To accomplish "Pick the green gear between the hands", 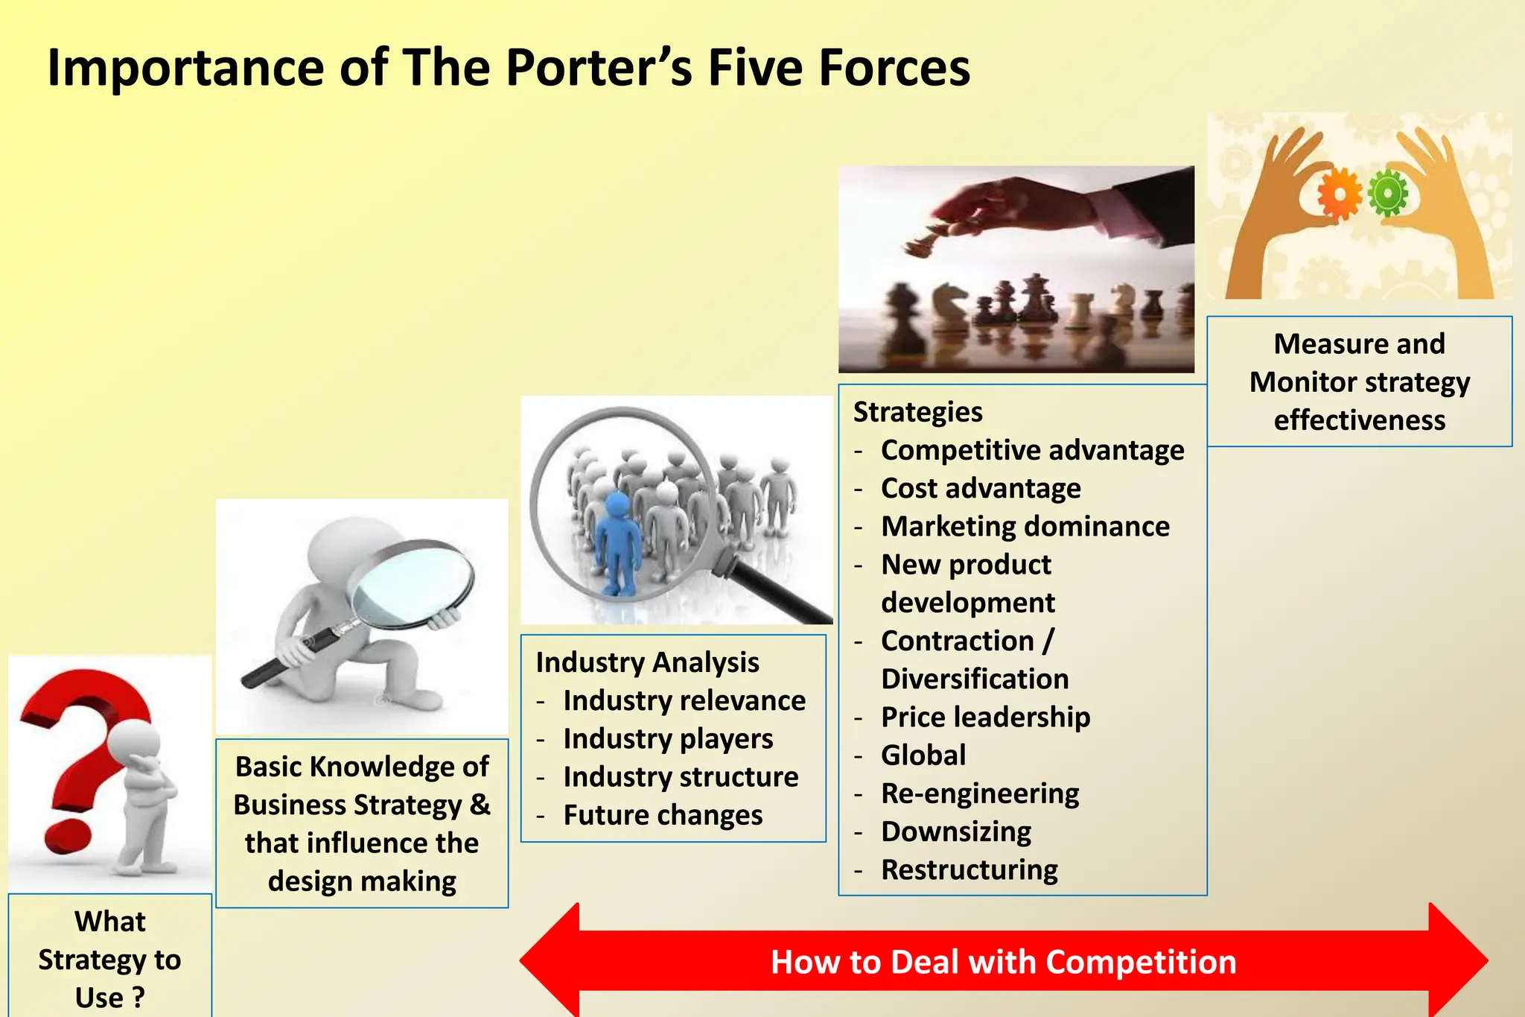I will click(x=1388, y=193).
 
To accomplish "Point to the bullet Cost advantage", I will click(x=980, y=489).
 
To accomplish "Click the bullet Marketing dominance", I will click(x=1025, y=527).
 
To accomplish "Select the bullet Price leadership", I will click(x=984, y=717).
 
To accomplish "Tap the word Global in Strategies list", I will click(x=923, y=755).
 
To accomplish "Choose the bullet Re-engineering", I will click(x=979, y=793).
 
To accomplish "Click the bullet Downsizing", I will click(x=955, y=831).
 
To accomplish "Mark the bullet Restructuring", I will click(x=969, y=869).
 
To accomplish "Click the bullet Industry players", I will click(x=667, y=739).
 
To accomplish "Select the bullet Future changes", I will click(x=662, y=815).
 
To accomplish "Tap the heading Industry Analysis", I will click(x=646, y=662).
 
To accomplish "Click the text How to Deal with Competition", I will click(x=1003, y=962).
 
